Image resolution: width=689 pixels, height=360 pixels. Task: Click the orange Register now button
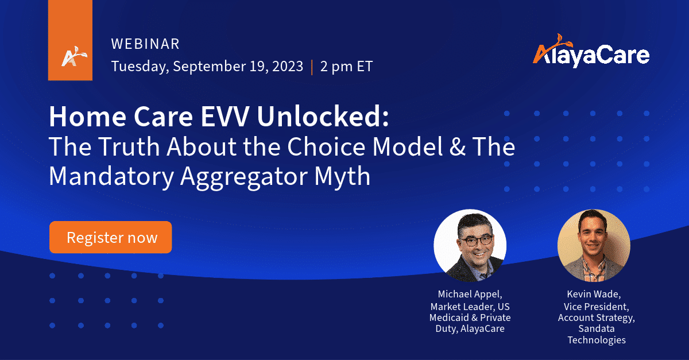click(x=110, y=237)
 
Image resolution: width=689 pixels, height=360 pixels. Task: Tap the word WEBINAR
click(x=145, y=44)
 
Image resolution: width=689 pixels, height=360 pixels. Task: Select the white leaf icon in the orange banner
click(x=74, y=57)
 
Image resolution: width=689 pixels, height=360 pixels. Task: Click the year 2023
click(x=288, y=66)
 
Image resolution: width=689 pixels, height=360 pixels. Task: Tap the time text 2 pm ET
click(x=346, y=67)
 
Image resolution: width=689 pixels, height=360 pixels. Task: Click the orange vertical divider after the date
click(x=312, y=67)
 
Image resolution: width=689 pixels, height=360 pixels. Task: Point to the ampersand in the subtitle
click(x=458, y=146)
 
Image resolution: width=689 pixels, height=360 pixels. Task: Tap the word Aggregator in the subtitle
click(x=243, y=177)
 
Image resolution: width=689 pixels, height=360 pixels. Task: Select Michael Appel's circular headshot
click(x=470, y=246)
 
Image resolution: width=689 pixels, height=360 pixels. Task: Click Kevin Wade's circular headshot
click(x=594, y=246)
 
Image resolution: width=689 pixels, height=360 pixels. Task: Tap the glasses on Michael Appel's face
click(x=476, y=241)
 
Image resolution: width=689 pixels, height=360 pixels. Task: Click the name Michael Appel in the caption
click(x=470, y=295)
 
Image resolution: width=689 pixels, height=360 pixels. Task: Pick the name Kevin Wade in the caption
click(x=594, y=295)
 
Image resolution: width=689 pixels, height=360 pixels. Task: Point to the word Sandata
click(x=597, y=328)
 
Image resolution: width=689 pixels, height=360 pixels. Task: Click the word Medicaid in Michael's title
click(x=449, y=318)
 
